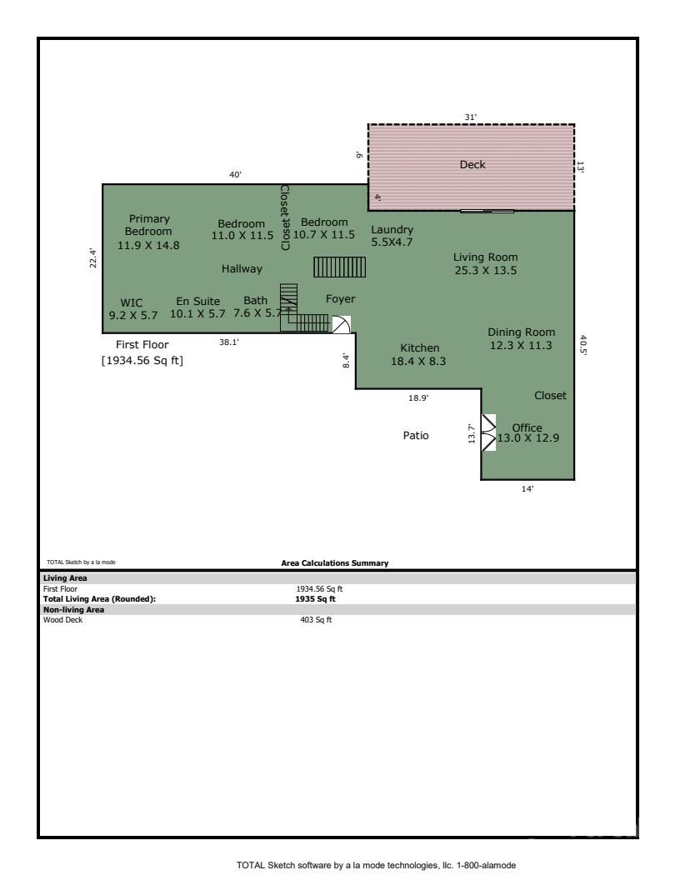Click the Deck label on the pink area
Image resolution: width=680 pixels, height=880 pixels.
[472, 164]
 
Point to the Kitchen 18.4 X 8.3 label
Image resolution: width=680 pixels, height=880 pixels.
[418, 355]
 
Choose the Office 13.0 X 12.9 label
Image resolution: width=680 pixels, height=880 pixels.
[528, 432]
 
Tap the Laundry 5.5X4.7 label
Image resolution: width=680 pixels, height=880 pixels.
[392, 236]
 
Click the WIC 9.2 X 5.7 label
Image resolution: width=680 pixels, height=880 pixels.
[133, 309]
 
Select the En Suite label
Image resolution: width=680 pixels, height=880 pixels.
[198, 302]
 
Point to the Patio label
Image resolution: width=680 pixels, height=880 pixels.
[416, 436]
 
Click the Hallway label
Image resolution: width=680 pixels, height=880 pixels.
[242, 269]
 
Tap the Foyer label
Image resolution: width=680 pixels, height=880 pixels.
[341, 299]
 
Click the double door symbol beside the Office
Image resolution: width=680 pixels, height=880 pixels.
[488, 432]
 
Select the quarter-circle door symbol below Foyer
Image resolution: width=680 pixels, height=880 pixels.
[342, 324]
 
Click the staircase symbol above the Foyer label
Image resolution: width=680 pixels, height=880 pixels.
[339, 267]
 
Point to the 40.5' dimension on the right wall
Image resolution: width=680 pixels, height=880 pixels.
[583, 346]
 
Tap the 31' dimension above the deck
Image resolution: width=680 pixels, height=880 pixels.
[470, 117]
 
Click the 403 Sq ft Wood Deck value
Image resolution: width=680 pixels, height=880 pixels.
[316, 620]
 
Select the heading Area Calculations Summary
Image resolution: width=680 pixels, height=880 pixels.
[335, 562]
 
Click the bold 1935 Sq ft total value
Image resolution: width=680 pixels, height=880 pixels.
[315, 599]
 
